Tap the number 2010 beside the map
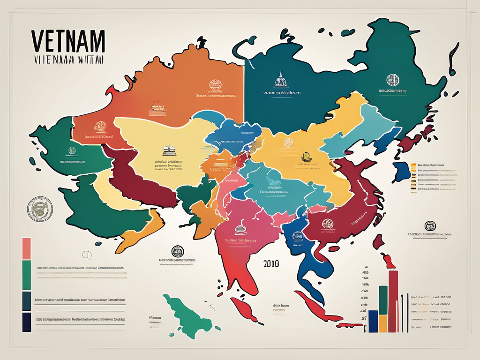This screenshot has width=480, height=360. pyautogui.click(x=271, y=263)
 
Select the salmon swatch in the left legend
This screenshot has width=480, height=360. pyautogui.click(x=27, y=248)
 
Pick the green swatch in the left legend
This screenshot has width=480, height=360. pyautogui.click(x=27, y=275)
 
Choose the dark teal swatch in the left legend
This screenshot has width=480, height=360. pyautogui.click(x=27, y=301)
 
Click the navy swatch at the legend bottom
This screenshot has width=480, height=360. pyautogui.click(x=27, y=322)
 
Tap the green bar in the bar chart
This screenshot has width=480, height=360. pyautogui.click(x=382, y=300)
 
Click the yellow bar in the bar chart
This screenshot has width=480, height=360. pyautogui.click(x=383, y=323)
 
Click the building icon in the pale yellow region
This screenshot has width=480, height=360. pyautogui.click(x=169, y=150)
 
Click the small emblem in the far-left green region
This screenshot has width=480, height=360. pyautogui.click(x=72, y=150)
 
